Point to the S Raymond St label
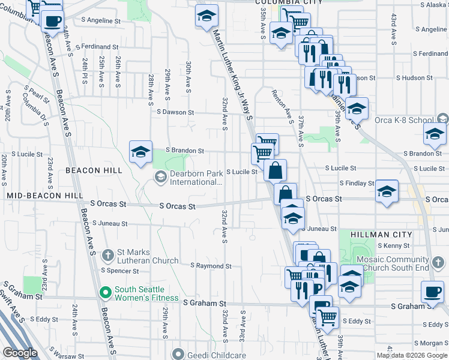coord(211,265)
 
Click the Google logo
coord(20,353)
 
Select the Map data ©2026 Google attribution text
coord(412,355)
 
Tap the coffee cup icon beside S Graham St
coord(432,292)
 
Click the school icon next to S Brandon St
coord(140,151)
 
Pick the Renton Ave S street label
coord(282,105)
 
